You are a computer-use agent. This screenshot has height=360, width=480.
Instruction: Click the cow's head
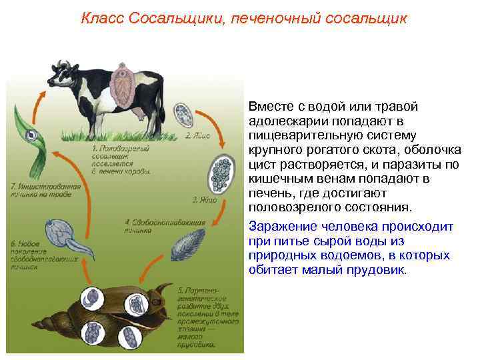(x=61, y=75)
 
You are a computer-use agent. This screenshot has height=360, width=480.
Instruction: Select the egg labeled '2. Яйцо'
(x=183, y=113)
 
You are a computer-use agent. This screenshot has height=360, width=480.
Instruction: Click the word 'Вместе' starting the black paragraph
(x=269, y=107)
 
